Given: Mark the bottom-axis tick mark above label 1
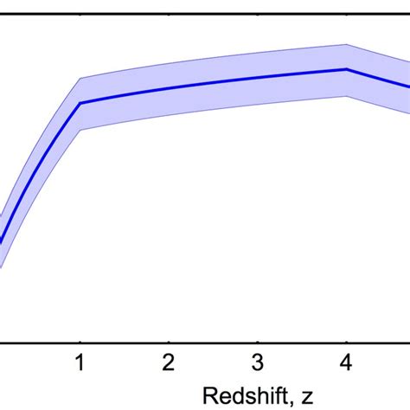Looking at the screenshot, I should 80,339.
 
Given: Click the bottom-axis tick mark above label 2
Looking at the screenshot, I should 169,339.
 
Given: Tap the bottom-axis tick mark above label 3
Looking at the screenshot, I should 257,339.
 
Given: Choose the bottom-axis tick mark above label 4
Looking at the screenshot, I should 346,339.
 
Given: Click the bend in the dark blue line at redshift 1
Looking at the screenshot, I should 80,103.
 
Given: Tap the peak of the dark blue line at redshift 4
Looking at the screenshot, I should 346,69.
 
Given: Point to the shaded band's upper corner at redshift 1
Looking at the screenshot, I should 80,78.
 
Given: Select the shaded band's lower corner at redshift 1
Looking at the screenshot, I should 80,129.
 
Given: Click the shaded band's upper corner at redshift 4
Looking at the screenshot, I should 346,43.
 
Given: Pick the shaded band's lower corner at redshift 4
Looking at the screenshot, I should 346,95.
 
